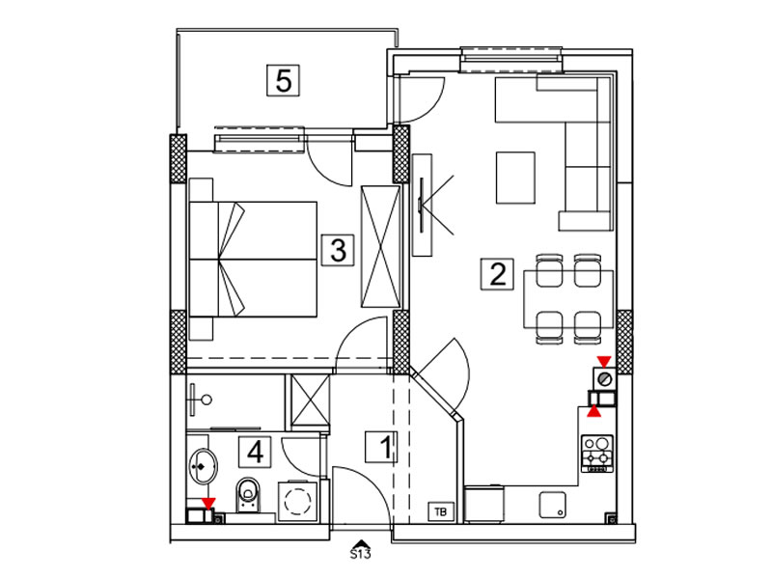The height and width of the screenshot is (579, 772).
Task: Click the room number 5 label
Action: click(283, 80)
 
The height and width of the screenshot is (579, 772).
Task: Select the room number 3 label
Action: click(338, 250)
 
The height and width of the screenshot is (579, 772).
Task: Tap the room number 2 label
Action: click(497, 274)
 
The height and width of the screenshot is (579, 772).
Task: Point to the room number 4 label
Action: click(255, 452)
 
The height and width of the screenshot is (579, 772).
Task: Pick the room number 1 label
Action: click(381, 447)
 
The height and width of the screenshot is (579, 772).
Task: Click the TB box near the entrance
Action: click(441, 512)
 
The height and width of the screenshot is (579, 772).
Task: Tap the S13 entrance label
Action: click(360, 554)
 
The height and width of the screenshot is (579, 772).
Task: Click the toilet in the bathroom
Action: click(247, 494)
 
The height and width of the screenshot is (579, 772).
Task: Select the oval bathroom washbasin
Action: click(203, 466)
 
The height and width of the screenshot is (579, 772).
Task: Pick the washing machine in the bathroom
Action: click(298, 501)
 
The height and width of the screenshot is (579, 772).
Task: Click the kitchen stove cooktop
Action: click(597, 454)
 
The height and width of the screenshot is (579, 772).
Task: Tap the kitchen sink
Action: click(552, 505)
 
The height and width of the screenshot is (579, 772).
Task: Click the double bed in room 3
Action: click(253, 259)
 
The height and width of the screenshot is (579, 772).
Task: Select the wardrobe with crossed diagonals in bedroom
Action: click(380, 247)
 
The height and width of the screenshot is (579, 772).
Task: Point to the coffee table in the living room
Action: click(515, 178)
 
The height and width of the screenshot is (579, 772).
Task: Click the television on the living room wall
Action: click(421, 205)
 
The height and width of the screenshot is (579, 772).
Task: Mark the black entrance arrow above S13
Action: click(360, 542)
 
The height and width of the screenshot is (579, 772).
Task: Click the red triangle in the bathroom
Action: click(208, 503)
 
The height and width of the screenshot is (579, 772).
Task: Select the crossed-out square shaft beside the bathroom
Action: click(310, 401)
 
